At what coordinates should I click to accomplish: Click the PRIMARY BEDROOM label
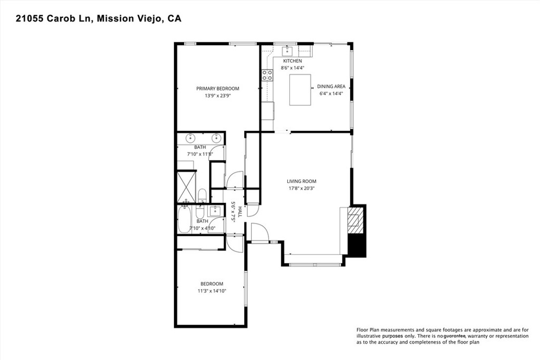coord(218,89)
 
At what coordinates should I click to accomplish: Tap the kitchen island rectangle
coord(300,90)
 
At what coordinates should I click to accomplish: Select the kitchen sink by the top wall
coord(287,51)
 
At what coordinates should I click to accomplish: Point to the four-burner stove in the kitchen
coord(267,75)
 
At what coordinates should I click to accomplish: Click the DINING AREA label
coord(331,86)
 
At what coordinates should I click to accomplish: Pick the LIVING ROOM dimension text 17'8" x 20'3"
coord(302,188)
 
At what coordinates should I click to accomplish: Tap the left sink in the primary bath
coord(190,138)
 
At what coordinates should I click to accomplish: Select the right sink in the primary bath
coord(216,138)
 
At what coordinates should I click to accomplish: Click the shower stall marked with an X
coord(186,187)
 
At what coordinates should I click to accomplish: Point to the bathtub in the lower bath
coord(184,219)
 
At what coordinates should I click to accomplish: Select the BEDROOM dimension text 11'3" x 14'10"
coord(212,291)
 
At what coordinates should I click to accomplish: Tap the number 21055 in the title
coord(30,18)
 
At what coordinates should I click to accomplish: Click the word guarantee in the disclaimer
coord(455,336)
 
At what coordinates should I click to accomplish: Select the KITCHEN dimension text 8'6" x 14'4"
coord(293,68)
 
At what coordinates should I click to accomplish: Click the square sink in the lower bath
coord(215,211)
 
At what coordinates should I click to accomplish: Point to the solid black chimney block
coord(357,245)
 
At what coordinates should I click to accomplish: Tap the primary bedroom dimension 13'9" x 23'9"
coord(218,96)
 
